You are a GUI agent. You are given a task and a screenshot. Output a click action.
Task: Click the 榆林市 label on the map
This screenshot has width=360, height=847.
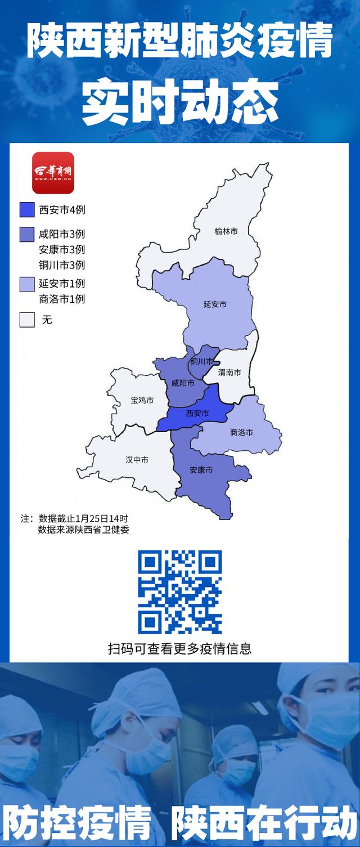coord(226,231)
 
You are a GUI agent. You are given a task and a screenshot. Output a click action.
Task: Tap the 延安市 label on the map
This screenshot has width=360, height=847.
coord(215,304)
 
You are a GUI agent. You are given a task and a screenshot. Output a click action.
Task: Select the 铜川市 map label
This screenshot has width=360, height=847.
coord(201,361)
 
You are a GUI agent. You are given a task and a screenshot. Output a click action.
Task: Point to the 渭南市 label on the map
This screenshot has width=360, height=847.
coord(229,372)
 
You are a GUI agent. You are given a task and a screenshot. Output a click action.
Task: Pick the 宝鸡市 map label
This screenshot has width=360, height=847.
coord(142,400)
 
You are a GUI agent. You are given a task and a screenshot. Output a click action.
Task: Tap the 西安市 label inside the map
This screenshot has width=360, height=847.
coord(197,413)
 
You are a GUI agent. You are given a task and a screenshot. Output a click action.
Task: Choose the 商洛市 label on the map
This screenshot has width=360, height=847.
coord(241,432)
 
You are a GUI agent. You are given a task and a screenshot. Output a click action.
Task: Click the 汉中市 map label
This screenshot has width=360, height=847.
coord(137,460)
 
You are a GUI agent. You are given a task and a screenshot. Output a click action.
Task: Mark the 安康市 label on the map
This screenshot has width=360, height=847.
coord(201,469)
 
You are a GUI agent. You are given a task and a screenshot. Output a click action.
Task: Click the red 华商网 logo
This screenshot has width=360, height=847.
coord(53,173)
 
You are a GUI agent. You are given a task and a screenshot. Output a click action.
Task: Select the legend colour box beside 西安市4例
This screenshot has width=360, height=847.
coord(28,210)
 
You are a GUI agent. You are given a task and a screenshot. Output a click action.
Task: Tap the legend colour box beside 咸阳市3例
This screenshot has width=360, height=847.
coord(28,234)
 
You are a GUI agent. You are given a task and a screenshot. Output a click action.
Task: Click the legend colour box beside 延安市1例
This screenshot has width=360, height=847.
coord(28,284)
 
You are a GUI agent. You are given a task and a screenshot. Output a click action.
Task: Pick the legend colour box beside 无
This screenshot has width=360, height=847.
coord(28,320)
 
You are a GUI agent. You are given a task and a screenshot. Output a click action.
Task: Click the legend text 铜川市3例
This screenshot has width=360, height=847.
coord(62,265)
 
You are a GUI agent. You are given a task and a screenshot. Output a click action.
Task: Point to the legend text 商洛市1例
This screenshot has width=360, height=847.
coord(62,299)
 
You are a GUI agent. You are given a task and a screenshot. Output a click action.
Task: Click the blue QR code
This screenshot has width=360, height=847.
coord(180,592)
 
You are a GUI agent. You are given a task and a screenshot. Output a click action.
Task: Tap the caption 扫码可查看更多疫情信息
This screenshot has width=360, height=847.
coord(180,648)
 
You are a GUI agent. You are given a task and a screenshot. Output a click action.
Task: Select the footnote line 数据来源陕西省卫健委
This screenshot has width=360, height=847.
coord(84,529)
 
